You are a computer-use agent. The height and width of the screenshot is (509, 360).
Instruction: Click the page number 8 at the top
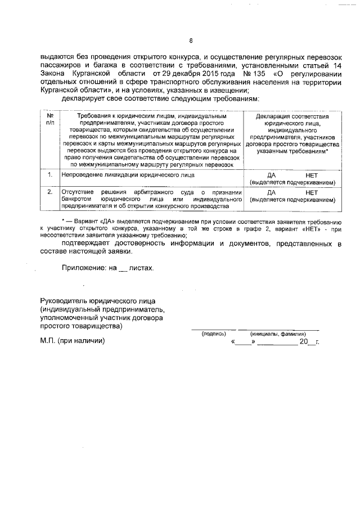point(191,40)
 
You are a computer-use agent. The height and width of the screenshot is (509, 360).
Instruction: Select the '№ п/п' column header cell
point(49,119)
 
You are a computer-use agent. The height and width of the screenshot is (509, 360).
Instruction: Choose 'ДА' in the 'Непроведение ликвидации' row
point(271,175)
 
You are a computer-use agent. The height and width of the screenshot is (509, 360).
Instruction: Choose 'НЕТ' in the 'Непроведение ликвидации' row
point(312,175)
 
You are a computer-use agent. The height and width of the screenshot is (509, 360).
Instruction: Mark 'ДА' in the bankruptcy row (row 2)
point(271,193)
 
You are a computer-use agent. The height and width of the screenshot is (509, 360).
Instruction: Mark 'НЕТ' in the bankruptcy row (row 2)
point(312,193)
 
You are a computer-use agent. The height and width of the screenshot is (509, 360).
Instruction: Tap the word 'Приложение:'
point(84,268)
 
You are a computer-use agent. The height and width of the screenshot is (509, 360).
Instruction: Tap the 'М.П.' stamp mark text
point(48,341)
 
